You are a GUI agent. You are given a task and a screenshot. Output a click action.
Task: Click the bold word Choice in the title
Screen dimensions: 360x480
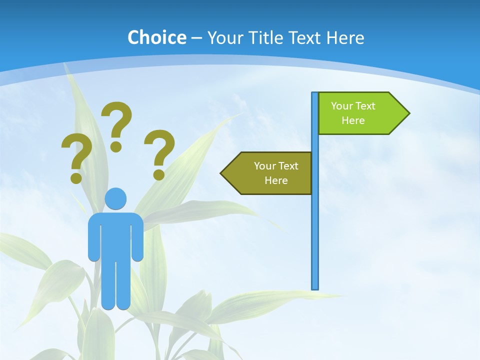pyautogui.click(x=156, y=37)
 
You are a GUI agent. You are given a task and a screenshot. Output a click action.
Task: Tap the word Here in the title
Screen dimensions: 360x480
pyautogui.click(x=345, y=37)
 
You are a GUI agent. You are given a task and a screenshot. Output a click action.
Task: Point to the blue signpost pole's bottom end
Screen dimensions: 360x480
pyautogui.click(x=315, y=287)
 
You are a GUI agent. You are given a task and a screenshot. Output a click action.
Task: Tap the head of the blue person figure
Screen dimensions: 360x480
pyautogui.click(x=115, y=198)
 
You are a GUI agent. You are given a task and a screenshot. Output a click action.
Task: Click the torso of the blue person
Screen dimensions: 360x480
pyautogui.click(x=115, y=232)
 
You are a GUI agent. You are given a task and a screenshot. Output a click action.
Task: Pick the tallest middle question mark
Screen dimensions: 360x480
pyautogui.click(x=117, y=122)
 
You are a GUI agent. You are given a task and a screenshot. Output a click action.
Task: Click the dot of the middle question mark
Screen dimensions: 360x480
pyautogui.click(x=116, y=146)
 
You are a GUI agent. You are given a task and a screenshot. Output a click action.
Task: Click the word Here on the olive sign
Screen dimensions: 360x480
pyautogui.click(x=276, y=180)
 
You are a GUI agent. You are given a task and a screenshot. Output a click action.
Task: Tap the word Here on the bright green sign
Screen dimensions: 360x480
pyautogui.click(x=353, y=120)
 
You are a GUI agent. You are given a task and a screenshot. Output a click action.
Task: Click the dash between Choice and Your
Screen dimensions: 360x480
pyautogui.click(x=196, y=38)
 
